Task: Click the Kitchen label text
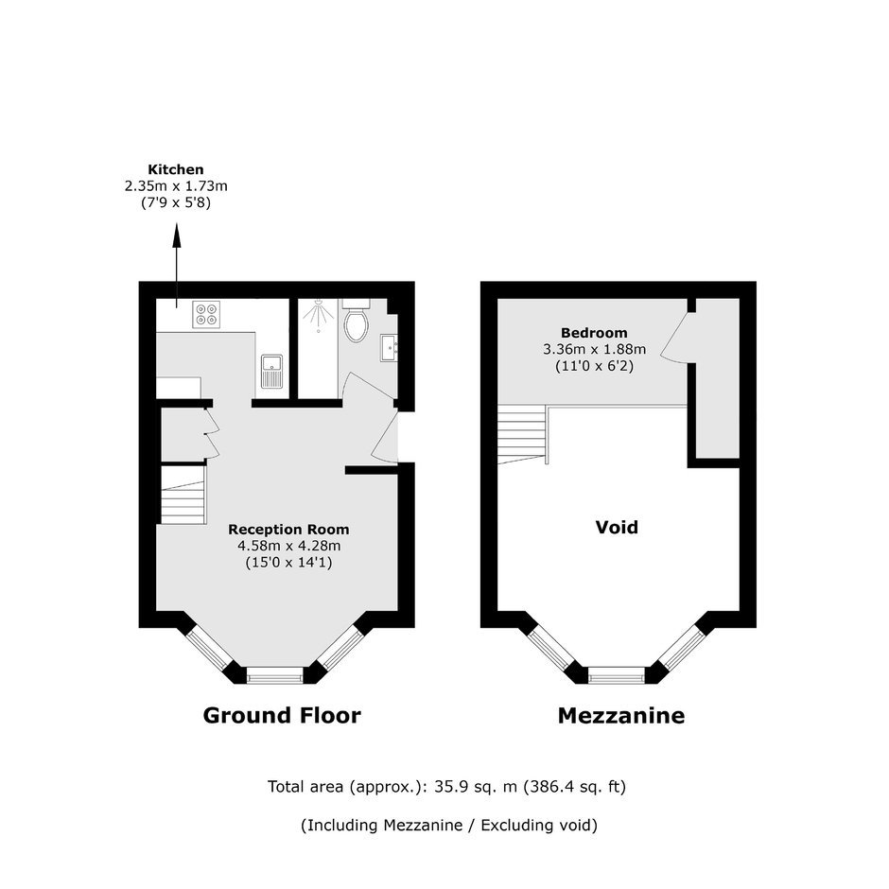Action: tap(176, 169)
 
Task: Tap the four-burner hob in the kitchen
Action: tap(206, 315)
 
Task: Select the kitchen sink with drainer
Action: tap(272, 372)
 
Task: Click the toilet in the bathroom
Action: tap(357, 321)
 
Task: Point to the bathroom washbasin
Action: tap(389, 347)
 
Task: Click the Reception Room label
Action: tap(288, 530)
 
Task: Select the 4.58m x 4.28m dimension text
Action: tap(288, 546)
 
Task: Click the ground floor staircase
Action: tap(183, 495)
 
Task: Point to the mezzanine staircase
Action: tap(522, 434)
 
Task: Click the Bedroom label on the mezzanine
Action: tap(594, 333)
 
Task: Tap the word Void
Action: tap(617, 528)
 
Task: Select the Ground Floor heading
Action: tap(282, 716)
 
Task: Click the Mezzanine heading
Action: tap(621, 716)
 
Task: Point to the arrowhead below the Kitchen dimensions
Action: tap(176, 235)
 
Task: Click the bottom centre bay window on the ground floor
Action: tap(275, 674)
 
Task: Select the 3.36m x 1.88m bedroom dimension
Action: tap(594, 349)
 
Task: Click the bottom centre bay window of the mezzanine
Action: tap(617, 674)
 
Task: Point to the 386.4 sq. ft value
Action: tap(574, 787)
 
